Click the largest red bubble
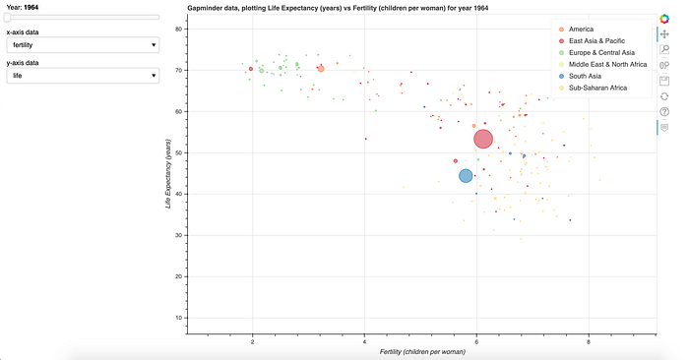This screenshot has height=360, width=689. pos(483,139)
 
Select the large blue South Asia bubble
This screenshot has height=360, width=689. pos(466,176)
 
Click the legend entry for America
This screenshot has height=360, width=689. pos(581,29)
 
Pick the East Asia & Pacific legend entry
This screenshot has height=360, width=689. pos(596,41)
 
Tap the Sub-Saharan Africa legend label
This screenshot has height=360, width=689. pos(597,88)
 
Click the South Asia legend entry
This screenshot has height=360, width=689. pos(585,76)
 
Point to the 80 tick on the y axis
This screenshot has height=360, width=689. pos(179,29)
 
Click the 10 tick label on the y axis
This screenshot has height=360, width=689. pos(179,318)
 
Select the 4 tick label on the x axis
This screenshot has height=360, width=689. pos(364,341)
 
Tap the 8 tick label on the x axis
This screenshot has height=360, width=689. pos(589,341)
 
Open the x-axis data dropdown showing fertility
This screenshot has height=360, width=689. pos(83,45)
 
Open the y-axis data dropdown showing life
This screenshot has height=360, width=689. pos(83,76)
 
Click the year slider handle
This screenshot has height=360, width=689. pos(7,17)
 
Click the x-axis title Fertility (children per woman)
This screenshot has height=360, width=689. pos(422,352)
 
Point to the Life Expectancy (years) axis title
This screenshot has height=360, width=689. pos(167,173)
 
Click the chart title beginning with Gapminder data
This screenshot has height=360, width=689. pos(338,8)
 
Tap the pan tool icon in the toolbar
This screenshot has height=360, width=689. pos(664,33)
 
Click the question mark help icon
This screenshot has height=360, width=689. pos(664,112)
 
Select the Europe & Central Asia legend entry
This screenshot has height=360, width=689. pos(601,53)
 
